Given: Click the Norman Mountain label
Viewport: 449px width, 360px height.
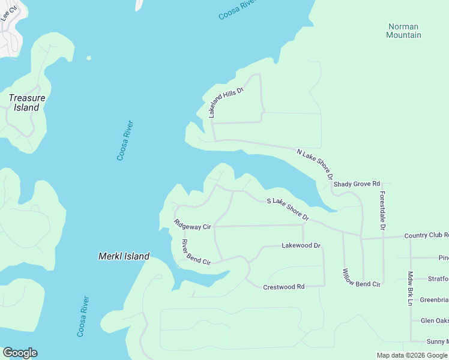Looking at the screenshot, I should pos(404,31).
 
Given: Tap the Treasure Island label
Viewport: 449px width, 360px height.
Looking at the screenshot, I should pos(26,103).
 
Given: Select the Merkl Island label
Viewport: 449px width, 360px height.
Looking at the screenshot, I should pos(124,256).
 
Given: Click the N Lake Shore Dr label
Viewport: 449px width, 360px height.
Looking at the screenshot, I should pos(315,164).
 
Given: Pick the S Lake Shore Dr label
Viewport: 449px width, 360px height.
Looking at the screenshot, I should pos(288,208).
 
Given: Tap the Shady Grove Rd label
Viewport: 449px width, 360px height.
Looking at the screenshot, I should pos(357,184).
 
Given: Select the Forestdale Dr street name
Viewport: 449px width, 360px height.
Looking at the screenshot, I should pos(382,211).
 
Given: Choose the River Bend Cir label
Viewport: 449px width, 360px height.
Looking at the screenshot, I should pos(196,253).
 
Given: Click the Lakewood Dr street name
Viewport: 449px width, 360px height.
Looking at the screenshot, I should pos(301,245).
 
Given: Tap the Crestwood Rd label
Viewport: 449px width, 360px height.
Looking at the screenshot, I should pos(283,287).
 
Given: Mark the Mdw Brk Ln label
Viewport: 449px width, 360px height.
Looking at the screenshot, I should pos(411,289).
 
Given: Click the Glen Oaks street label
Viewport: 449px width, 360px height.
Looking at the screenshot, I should pos(434,320).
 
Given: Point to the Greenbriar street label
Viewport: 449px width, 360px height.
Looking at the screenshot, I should pos(433,299).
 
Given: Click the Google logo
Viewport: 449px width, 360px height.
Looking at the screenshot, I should pos(20,353).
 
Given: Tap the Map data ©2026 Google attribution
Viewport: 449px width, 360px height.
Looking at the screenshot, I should pos(412,355).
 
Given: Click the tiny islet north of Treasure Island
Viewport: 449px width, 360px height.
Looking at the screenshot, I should pos(89,58).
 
